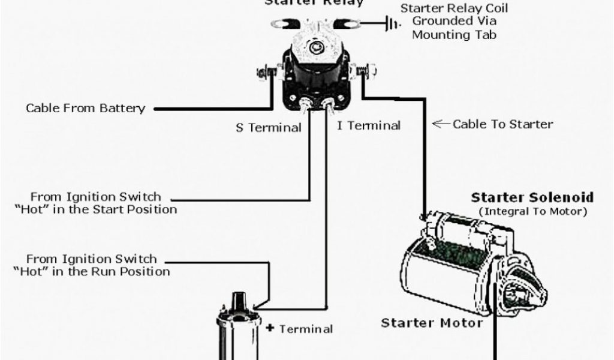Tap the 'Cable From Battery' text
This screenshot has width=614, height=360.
pyautogui.click(x=85, y=109)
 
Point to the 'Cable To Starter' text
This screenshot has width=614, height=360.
pyautogui.click(x=502, y=124)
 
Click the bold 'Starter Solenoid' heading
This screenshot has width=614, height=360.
pyautogui.click(x=532, y=197)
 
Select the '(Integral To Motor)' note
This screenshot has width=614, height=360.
pyautogui.click(x=532, y=211)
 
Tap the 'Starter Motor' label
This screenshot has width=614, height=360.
pyautogui.click(x=432, y=323)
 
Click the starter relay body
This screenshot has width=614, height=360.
pyautogui.click(x=313, y=66)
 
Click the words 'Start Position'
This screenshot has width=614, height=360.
pyautogui.click(x=141, y=209)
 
